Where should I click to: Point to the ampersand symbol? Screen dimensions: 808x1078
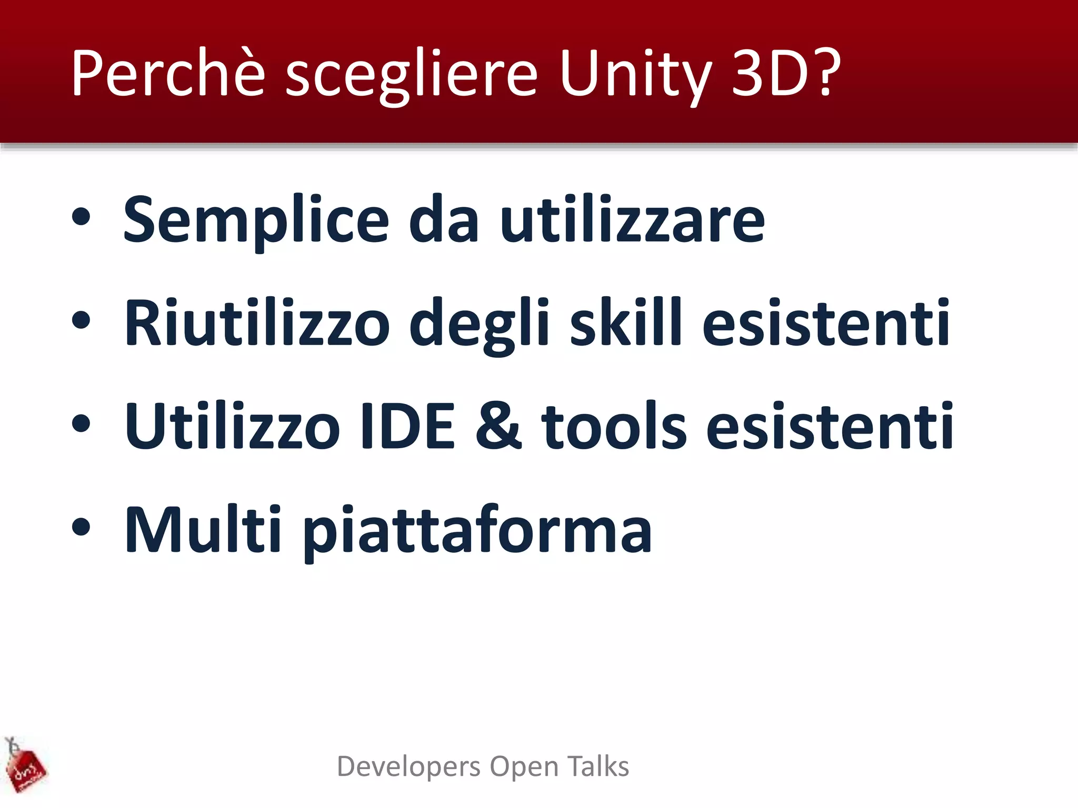click(498, 426)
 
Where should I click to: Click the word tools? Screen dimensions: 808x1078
click(614, 426)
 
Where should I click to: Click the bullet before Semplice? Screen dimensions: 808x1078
click(81, 218)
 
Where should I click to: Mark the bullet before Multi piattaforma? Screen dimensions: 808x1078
click(81, 527)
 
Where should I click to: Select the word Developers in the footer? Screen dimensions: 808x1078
click(408, 767)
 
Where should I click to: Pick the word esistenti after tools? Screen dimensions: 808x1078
click(829, 426)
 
